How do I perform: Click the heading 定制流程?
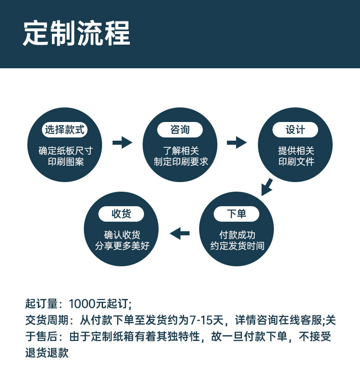pos(77,34)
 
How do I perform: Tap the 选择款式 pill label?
pos(64,130)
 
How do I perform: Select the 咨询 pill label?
pos(180,130)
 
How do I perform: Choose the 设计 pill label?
pos(295,130)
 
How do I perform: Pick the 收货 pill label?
pos(121,213)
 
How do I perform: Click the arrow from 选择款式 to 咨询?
pos(122,142)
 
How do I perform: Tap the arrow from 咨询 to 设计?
pos(237,142)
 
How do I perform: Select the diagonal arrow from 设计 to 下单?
pos(267,187)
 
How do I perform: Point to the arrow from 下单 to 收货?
pos(180,234)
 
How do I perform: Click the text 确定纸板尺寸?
pos(64,151)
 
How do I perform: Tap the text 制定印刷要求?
pos(180,162)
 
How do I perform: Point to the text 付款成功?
pos(237,235)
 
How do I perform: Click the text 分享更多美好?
pos(122,246)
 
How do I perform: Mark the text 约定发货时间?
pos(237,246)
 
